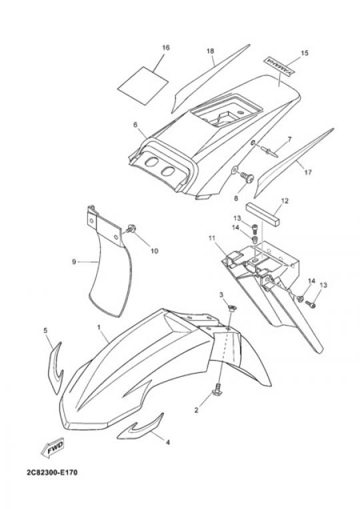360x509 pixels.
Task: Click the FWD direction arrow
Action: (x=52, y=449)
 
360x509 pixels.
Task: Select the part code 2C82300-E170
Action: (x=52, y=472)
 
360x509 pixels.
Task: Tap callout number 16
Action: (x=166, y=48)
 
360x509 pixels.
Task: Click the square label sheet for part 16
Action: (x=143, y=85)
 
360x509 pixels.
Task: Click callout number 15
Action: (x=305, y=53)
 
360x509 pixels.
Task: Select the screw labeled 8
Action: (x=247, y=177)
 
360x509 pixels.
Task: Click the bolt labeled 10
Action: (x=131, y=229)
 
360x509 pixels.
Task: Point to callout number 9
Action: (x=74, y=262)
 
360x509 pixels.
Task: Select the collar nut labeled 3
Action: (x=232, y=308)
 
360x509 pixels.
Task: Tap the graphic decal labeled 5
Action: (x=55, y=368)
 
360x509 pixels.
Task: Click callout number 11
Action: (x=212, y=239)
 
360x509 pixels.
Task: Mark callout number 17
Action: (x=308, y=171)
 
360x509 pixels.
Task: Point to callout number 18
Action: (x=210, y=51)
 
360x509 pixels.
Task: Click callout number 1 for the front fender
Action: (x=99, y=327)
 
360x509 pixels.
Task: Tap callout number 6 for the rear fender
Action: (x=135, y=125)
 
